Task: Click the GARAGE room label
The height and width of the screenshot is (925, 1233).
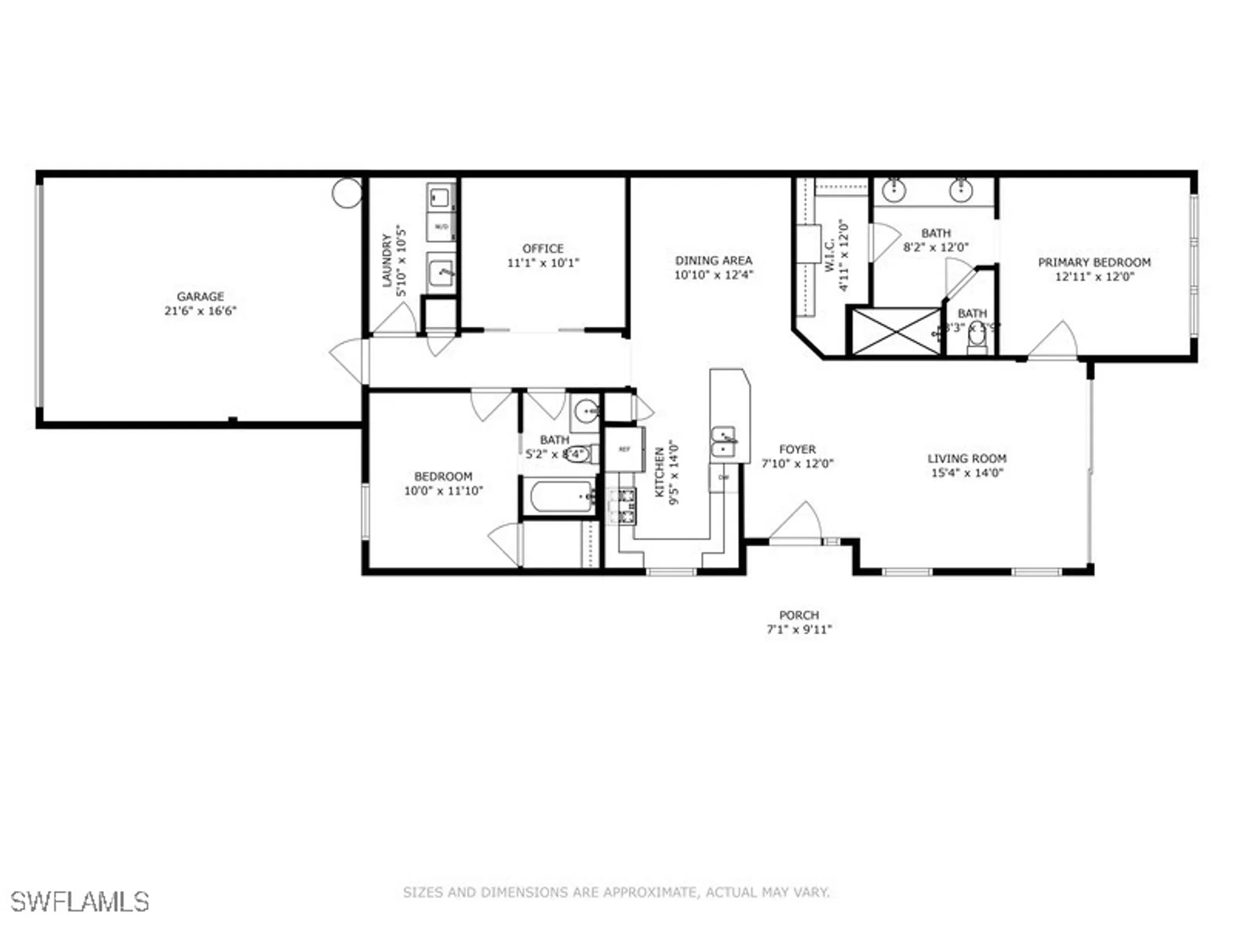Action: [x=200, y=297]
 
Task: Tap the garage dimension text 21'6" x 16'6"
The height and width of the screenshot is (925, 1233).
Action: [x=200, y=311]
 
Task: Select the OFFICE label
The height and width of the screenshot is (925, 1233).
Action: [x=543, y=249]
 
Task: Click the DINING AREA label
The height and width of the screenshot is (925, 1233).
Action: [x=713, y=261]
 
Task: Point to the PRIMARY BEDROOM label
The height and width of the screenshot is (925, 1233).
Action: [x=1094, y=263]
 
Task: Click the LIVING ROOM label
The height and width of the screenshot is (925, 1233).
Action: [x=967, y=459]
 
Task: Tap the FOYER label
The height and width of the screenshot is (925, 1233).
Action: [x=797, y=450]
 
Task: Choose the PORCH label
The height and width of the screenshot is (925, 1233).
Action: [x=799, y=615]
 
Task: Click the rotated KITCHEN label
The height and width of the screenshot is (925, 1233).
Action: [x=659, y=472]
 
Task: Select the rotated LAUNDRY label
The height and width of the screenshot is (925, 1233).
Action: [x=387, y=260]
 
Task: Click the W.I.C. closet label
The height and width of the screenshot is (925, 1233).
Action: [x=829, y=255]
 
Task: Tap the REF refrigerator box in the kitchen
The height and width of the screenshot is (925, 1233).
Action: [x=625, y=450]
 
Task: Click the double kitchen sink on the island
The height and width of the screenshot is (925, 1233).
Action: [x=724, y=442]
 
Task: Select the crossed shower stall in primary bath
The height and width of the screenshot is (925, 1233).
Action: [x=896, y=332]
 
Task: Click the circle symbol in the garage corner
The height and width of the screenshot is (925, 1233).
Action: [x=347, y=193]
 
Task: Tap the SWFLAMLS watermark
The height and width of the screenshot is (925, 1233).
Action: [x=80, y=902]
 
